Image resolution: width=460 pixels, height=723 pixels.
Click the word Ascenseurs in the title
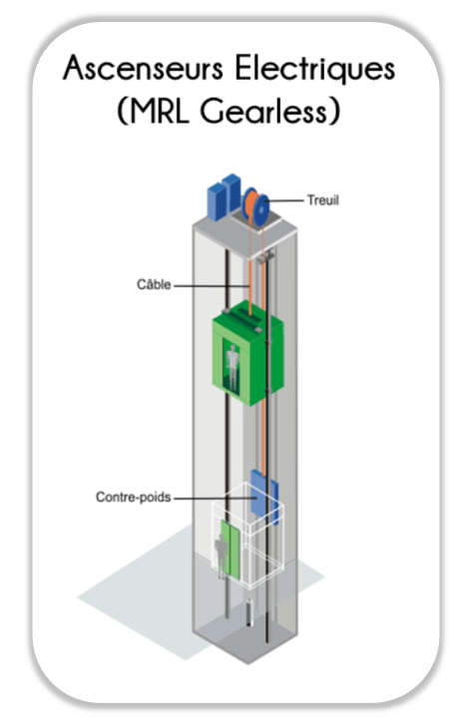[x=143, y=68]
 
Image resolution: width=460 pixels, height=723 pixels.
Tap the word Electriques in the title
[x=315, y=69]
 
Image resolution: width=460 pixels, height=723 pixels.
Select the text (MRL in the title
[x=154, y=111]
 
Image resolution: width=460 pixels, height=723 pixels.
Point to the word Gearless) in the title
[x=269, y=111]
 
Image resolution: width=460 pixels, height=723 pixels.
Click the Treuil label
[x=323, y=200]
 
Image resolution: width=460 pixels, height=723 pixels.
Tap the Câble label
[x=154, y=284]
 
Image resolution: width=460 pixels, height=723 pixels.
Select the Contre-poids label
[x=134, y=497]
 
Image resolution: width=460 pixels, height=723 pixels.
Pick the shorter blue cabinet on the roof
[x=216, y=202]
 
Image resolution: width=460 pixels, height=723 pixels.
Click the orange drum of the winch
[x=251, y=204]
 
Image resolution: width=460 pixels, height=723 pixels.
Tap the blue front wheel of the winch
[x=261, y=210]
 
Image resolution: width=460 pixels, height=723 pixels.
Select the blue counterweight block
[x=263, y=497]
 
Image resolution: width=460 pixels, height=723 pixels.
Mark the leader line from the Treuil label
[x=286, y=200]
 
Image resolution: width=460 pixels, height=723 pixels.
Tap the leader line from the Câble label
[x=212, y=285]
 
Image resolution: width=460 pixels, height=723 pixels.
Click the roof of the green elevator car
[x=247, y=318]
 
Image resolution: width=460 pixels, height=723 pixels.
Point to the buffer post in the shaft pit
[x=249, y=612]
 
